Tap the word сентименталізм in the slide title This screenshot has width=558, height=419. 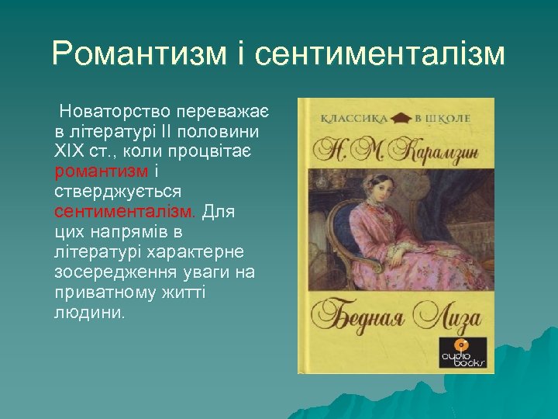[x=379, y=54]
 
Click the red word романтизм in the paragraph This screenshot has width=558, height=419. [x=101, y=171]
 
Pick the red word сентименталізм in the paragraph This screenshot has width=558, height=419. [x=126, y=211]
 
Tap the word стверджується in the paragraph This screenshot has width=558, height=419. [x=118, y=191]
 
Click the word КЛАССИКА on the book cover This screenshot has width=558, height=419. [x=353, y=119]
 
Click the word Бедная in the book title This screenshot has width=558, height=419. [x=356, y=316]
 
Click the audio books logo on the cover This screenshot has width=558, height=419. [x=463, y=353]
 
